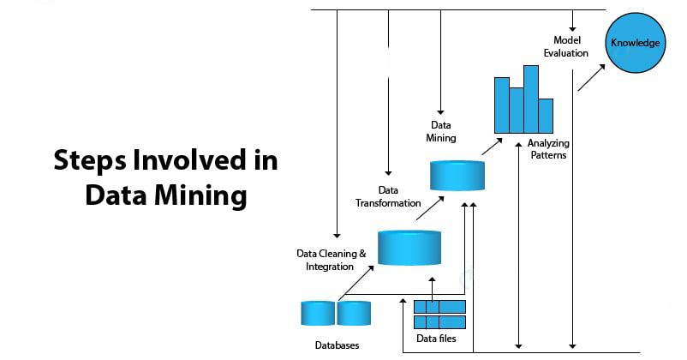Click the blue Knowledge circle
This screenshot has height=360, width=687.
pyautogui.click(x=635, y=43)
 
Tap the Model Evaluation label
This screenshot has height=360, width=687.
pyautogui.click(x=565, y=46)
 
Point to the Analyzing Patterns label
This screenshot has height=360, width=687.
pyautogui.click(x=547, y=149)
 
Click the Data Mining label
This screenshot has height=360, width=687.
pyautogui.click(x=441, y=131)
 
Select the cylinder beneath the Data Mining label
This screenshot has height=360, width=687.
pyautogui.click(x=456, y=175)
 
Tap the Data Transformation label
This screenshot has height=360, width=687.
pyautogui.click(x=388, y=196)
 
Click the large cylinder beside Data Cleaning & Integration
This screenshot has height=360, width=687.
pyautogui.click(x=409, y=246)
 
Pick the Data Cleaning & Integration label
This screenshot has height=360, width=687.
pyautogui.click(x=331, y=260)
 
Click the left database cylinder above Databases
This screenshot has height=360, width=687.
pyautogui.click(x=318, y=313)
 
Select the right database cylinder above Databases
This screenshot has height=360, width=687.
pyautogui.click(x=353, y=313)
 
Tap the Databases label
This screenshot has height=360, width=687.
pyautogui.click(x=336, y=345)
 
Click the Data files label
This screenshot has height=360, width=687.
pyautogui.click(x=436, y=339)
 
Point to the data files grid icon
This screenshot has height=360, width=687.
pyautogui.click(x=439, y=315)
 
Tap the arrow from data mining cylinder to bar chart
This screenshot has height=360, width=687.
pyautogui.click(x=491, y=145)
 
